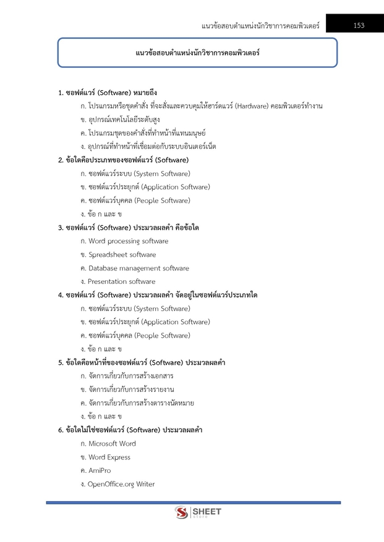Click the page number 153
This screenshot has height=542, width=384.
coord(359,25)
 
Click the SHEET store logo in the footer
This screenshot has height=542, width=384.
coord(198,512)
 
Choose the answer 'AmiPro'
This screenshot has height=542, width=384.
coord(100,471)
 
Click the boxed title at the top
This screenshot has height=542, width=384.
coord(197,53)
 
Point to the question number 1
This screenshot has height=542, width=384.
coord(60,93)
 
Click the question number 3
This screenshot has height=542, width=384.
coord(60,228)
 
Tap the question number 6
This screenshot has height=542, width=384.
coord(60,430)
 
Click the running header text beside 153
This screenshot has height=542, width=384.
coord(260,26)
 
